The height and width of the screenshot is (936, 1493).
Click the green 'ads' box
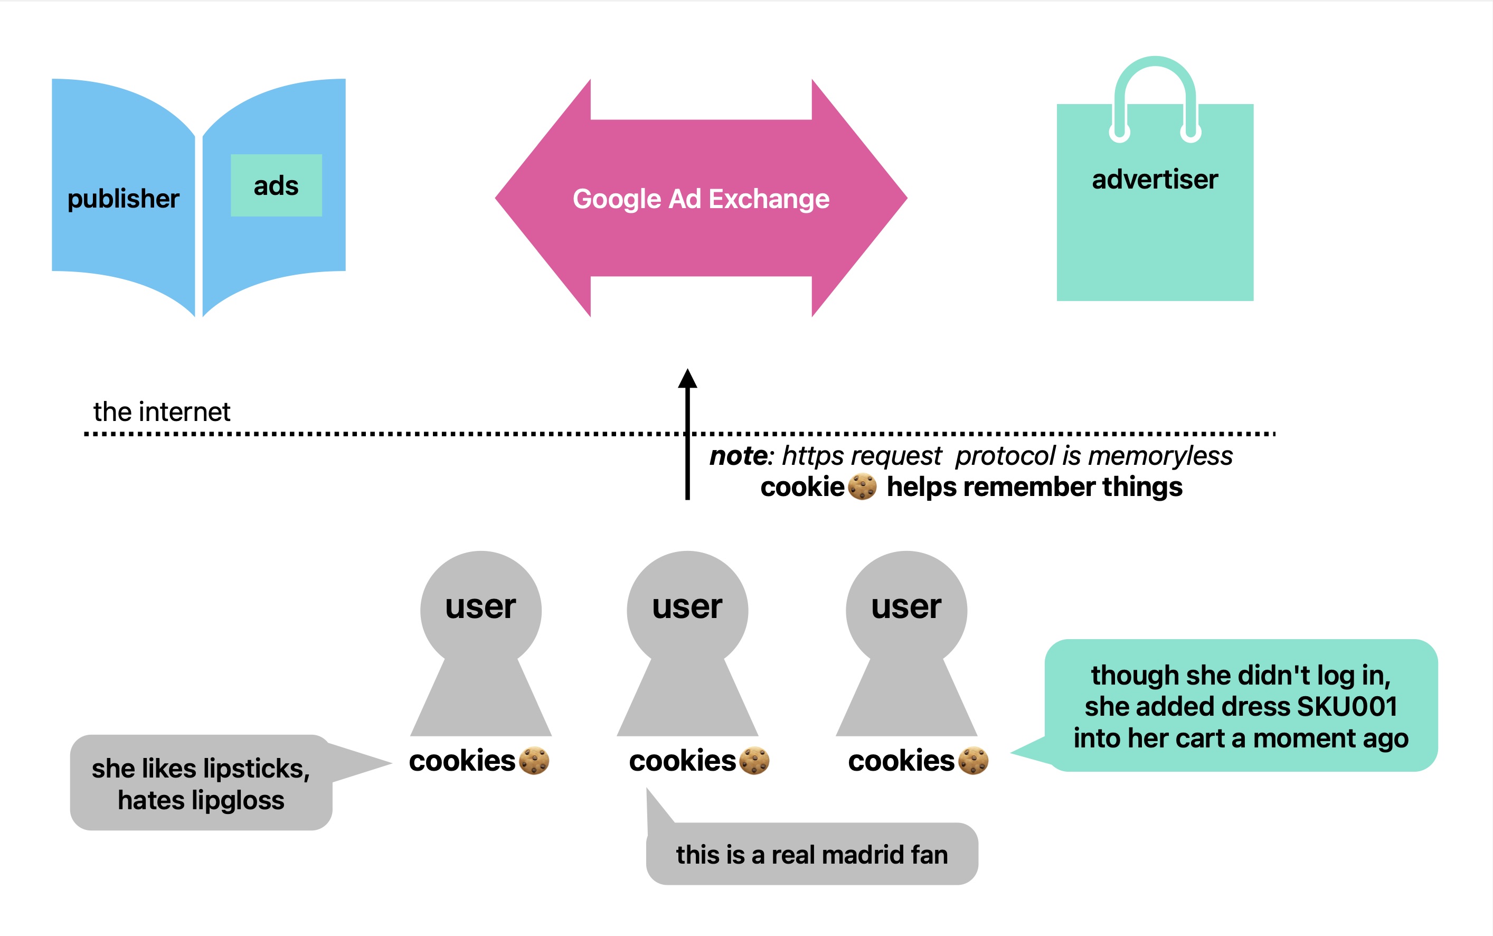276,185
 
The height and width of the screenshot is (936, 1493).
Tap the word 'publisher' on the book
123,199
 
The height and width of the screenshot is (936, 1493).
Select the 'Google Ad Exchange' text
701,199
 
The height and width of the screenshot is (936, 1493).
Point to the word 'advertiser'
1155,180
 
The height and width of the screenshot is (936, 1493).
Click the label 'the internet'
162,411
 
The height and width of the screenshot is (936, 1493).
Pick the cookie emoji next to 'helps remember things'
862,486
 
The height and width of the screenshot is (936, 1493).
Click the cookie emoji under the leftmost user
534,761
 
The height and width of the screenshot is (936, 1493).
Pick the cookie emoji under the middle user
754,761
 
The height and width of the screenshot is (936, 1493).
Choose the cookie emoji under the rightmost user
974,761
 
